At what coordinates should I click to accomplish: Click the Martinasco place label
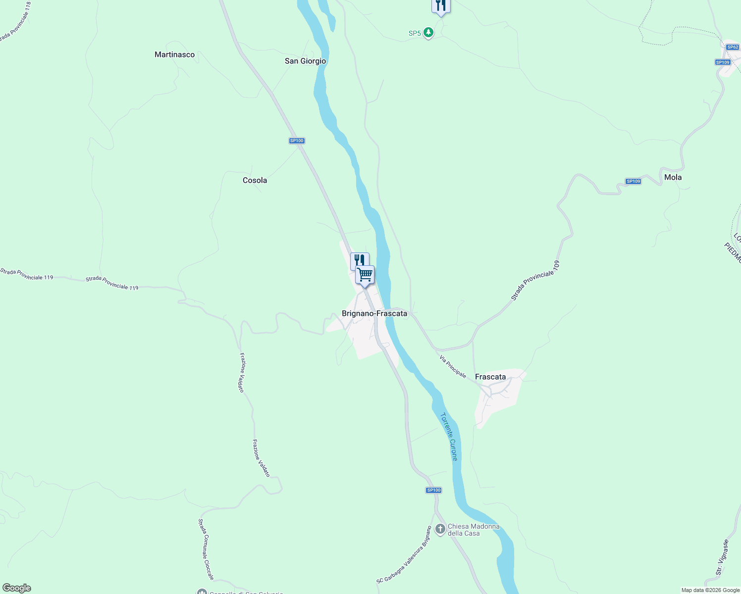(174, 54)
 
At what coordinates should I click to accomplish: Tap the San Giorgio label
(305, 61)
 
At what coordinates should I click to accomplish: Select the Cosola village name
(255, 180)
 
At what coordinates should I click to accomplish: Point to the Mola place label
(673, 177)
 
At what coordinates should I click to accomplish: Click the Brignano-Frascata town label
(374, 313)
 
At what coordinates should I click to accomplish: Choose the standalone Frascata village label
(490, 377)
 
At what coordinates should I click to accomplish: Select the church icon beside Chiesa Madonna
(440, 529)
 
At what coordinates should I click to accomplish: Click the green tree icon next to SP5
(428, 33)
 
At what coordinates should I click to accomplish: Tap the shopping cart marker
(365, 274)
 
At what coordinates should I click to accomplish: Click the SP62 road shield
(733, 47)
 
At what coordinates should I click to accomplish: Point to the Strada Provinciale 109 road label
(536, 280)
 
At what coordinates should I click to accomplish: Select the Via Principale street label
(453, 366)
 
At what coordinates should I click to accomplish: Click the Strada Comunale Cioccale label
(206, 549)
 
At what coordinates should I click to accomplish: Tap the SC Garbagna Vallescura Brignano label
(404, 555)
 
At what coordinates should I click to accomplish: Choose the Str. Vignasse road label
(722, 557)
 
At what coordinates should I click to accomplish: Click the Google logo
(16, 588)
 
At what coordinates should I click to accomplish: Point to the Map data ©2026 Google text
(710, 590)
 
